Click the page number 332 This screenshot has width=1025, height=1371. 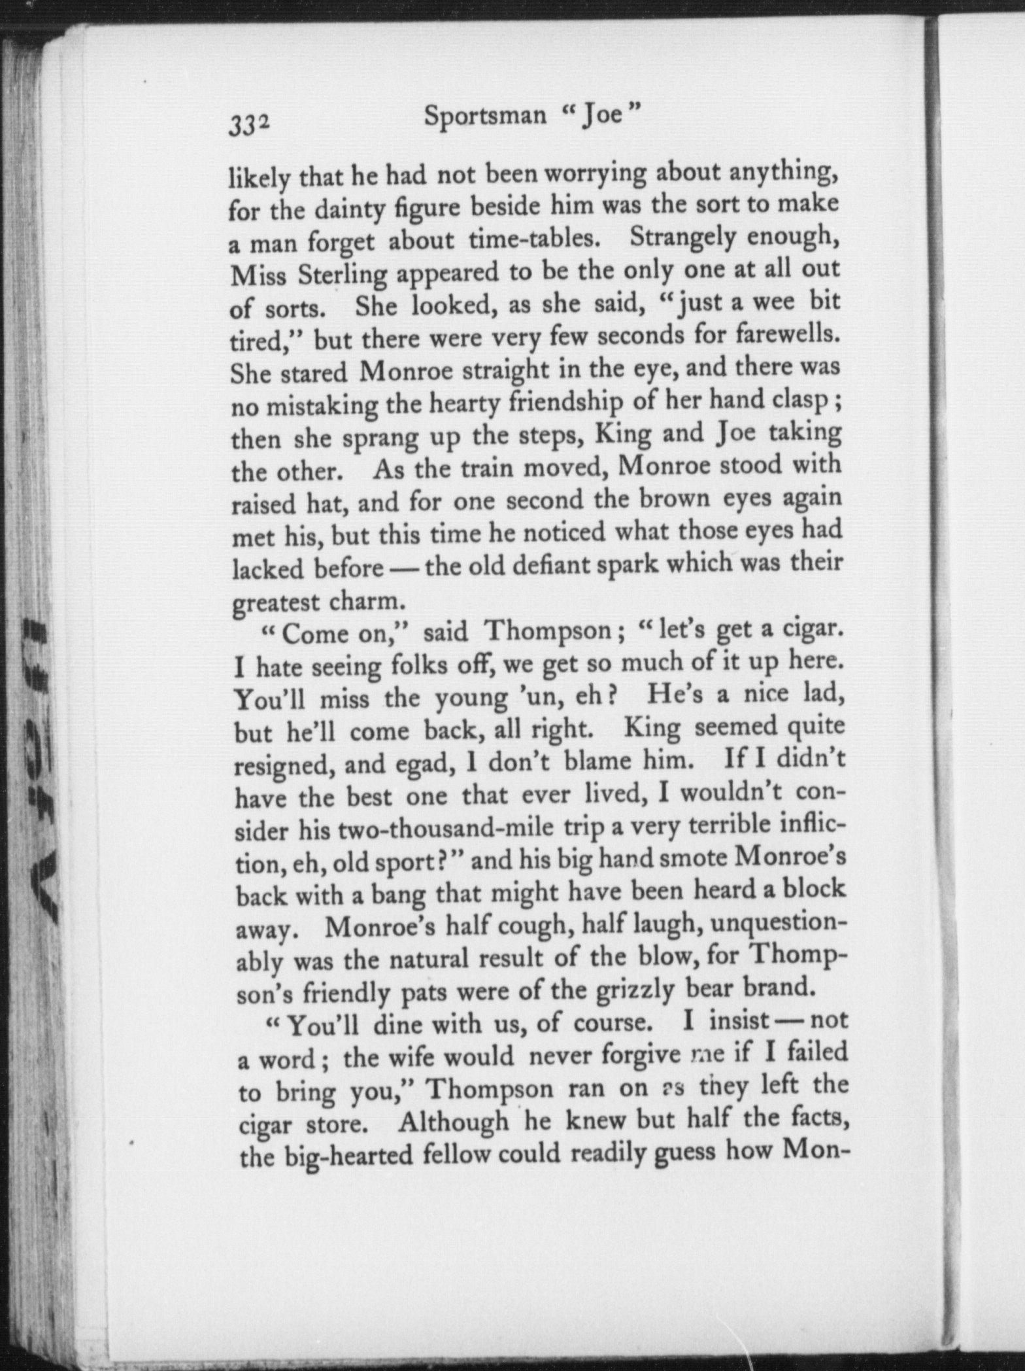coord(249,122)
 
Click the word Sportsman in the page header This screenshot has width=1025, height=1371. coord(485,116)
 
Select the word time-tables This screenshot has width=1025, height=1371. coord(535,239)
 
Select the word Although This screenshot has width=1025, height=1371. coord(454,1122)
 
